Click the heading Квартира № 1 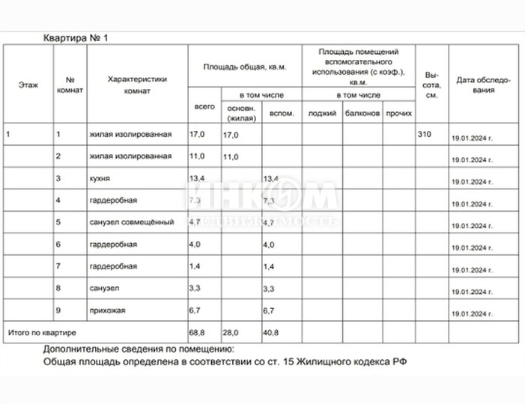tap(77, 37)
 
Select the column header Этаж tap(27, 85)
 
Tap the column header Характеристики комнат tap(136, 85)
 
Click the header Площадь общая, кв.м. tap(243, 67)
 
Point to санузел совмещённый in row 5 tap(131, 222)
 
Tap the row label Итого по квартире tap(43, 330)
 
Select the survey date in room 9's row tap(473, 310)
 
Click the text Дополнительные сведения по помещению tap(139, 349)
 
